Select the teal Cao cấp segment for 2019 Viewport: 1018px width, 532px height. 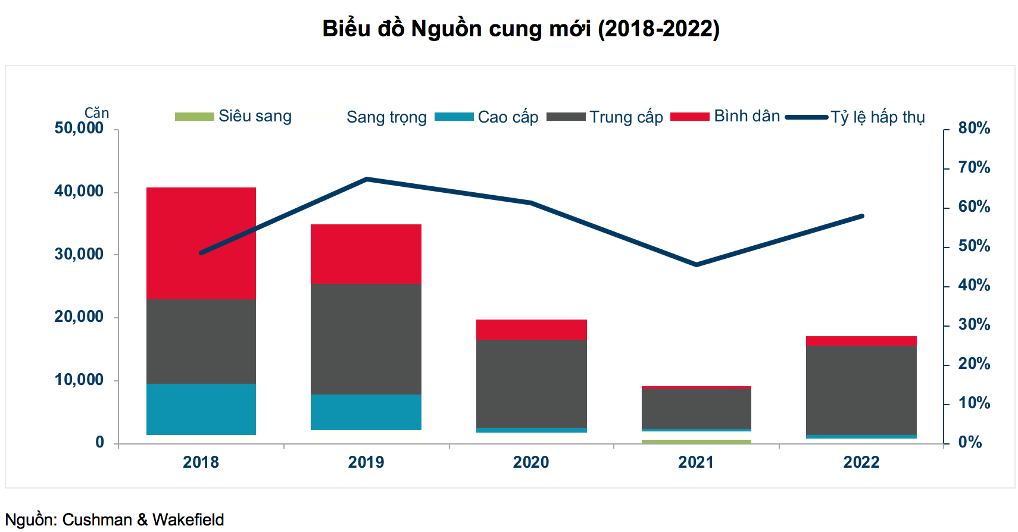coord(366,412)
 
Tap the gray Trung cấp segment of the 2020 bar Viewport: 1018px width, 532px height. coord(531,383)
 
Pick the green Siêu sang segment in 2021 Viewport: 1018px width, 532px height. coord(696,442)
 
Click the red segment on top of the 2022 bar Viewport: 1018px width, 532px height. coord(861,341)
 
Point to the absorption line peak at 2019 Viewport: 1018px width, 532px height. coord(367,179)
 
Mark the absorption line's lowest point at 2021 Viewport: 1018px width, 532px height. coord(696,264)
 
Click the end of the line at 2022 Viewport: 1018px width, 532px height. coord(861,216)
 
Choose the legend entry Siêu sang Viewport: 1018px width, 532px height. coord(255,116)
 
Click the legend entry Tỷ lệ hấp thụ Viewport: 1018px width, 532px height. coord(878,117)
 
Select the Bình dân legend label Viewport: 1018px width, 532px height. coord(747,116)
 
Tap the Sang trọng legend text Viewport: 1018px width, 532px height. coord(386,117)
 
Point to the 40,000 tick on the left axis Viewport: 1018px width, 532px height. coord(79,191)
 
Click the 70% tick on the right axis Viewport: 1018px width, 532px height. coord(974,167)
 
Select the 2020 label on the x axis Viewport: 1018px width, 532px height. coord(531,462)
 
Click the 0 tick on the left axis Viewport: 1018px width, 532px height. coord(100,442)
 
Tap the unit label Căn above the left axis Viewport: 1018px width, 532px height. coord(96,112)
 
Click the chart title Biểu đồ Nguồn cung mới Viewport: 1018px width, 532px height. coord(521,29)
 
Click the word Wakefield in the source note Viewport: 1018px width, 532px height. coord(188,520)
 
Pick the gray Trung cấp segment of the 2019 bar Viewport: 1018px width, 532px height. coord(366,339)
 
